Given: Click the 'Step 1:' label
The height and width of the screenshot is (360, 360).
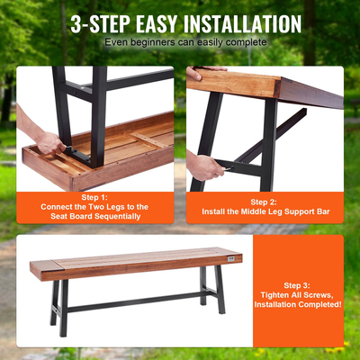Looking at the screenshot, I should click(x=94, y=196).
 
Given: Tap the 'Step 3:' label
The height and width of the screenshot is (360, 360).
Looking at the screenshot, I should click(x=298, y=285).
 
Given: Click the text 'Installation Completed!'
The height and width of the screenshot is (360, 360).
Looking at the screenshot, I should click(x=298, y=306).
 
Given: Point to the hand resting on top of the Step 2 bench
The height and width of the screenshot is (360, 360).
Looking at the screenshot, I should click(x=207, y=70).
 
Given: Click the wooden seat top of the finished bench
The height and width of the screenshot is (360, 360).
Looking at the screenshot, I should click(x=135, y=261).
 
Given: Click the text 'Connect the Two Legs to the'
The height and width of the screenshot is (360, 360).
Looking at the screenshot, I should click(x=94, y=207).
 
